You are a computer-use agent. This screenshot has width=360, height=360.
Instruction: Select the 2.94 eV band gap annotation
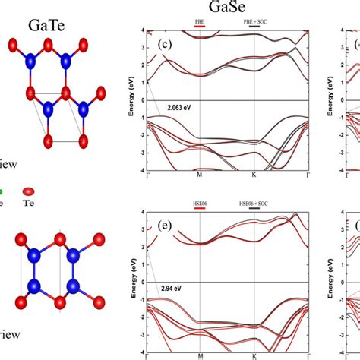pos(175,289)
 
